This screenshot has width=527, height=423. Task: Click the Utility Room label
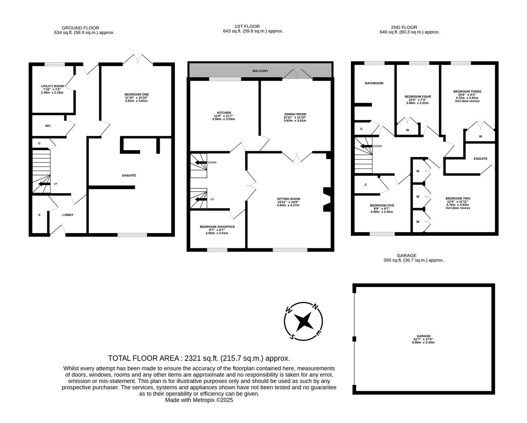pos(52,86)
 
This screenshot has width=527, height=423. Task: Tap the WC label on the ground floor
pos(48,126)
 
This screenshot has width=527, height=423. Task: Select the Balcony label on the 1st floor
pos(260,71)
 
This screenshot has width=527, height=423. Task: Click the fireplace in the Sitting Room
pos(326,200)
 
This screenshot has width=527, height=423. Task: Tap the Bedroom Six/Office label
pos(217,227)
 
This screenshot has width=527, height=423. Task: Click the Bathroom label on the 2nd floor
pos(374,83)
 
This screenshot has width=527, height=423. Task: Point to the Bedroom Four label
pos(418,97)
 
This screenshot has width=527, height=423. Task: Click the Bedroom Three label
pos(467,92)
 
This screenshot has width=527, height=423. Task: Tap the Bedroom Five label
pos(382,205)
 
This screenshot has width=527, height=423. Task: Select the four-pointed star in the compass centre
pos(303,321)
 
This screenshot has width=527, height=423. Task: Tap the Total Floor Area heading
pos(199,358)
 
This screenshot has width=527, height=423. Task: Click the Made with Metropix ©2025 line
pos(199,400)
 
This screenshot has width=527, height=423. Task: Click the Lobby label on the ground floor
pos(68,215)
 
